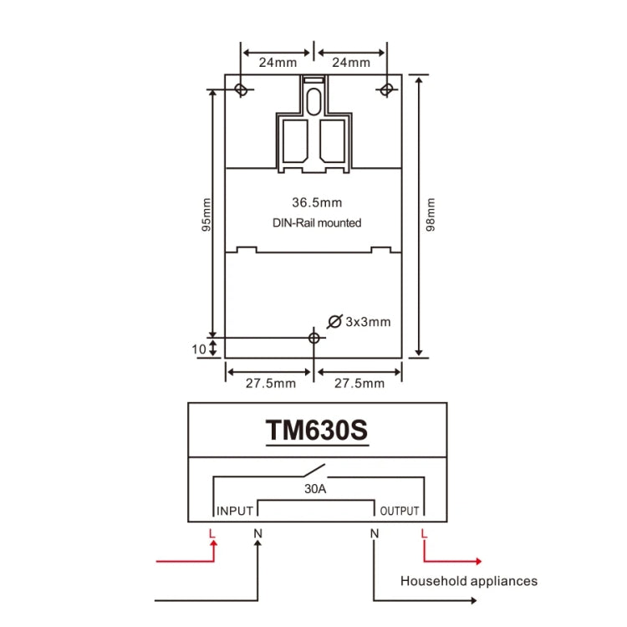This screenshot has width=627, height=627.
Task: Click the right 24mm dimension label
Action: pos(351,63)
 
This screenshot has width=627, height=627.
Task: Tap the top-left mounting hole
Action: pos(242,89)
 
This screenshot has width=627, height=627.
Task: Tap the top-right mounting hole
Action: pos(386,89)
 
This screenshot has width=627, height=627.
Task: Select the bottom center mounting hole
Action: pos(313,338)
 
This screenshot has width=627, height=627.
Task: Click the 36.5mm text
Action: pos(316,202)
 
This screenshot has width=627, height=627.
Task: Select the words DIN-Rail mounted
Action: pos(316,222)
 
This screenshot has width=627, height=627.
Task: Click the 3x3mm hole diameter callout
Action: pos(359,321)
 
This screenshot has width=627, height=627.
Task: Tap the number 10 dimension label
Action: pos(198,349)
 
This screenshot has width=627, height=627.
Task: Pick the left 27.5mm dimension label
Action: pos(269,383)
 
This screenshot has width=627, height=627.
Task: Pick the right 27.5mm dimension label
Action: pos(359,383)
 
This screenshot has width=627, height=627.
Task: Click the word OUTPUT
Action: pos(399,511)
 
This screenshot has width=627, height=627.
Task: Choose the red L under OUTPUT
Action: pos(424,533)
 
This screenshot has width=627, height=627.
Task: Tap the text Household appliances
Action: pos(468,581)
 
